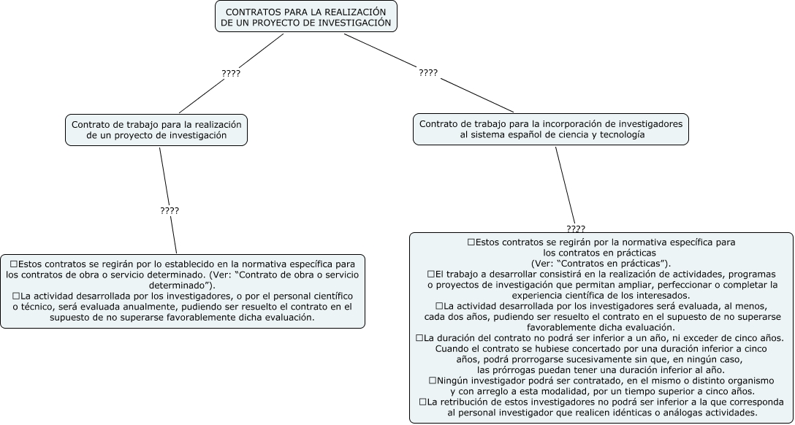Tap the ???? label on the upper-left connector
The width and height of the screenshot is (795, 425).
[231, 73]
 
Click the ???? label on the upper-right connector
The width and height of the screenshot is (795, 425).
[428, 73]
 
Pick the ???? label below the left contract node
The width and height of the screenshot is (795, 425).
[170, 210]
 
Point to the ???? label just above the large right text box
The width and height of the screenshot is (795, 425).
[575, 229]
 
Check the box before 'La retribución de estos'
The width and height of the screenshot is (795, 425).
[423, 402]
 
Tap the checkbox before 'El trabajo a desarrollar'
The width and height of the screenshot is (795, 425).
[431, 273]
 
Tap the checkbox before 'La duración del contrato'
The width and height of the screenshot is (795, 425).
[419, 337]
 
